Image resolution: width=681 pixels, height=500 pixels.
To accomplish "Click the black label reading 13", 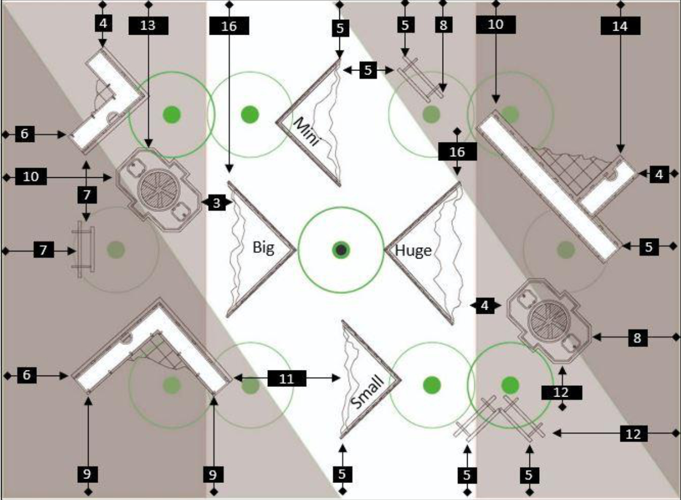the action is click(x=148, y=26).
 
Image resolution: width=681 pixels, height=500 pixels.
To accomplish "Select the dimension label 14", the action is click(x=620, y=26).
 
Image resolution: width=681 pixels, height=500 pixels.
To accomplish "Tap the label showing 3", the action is click(x=216, y=203).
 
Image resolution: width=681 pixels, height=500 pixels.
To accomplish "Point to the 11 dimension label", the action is click(x=287, y=379).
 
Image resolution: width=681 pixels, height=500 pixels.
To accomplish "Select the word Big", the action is click(x=263, y=248).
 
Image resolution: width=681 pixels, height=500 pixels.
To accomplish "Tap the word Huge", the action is click(x=413, y=251).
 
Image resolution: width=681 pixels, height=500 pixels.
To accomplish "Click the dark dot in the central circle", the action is click(x=341, y=250).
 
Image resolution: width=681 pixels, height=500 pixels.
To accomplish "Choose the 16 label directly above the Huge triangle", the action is click(x=457, y=152).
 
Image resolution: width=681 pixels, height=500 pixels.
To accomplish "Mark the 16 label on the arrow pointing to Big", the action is click(x=229, y=26).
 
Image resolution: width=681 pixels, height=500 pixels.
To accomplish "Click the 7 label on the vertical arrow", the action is click(x=87, y=195).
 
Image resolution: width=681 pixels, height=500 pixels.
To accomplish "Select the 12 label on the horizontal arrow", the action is click(x=633, y=434).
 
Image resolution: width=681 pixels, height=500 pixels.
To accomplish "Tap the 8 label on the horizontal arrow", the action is click(x=637, y=338).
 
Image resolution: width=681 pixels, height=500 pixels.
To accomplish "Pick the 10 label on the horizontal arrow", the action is click(x=31, y=177).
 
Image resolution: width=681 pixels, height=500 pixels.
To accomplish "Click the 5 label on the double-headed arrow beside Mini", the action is click(x=368, y=70).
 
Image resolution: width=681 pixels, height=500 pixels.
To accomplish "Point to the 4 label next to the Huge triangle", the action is click(x=485, y=305).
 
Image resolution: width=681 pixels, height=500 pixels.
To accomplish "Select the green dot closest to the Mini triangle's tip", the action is click(x=250, y=114).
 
